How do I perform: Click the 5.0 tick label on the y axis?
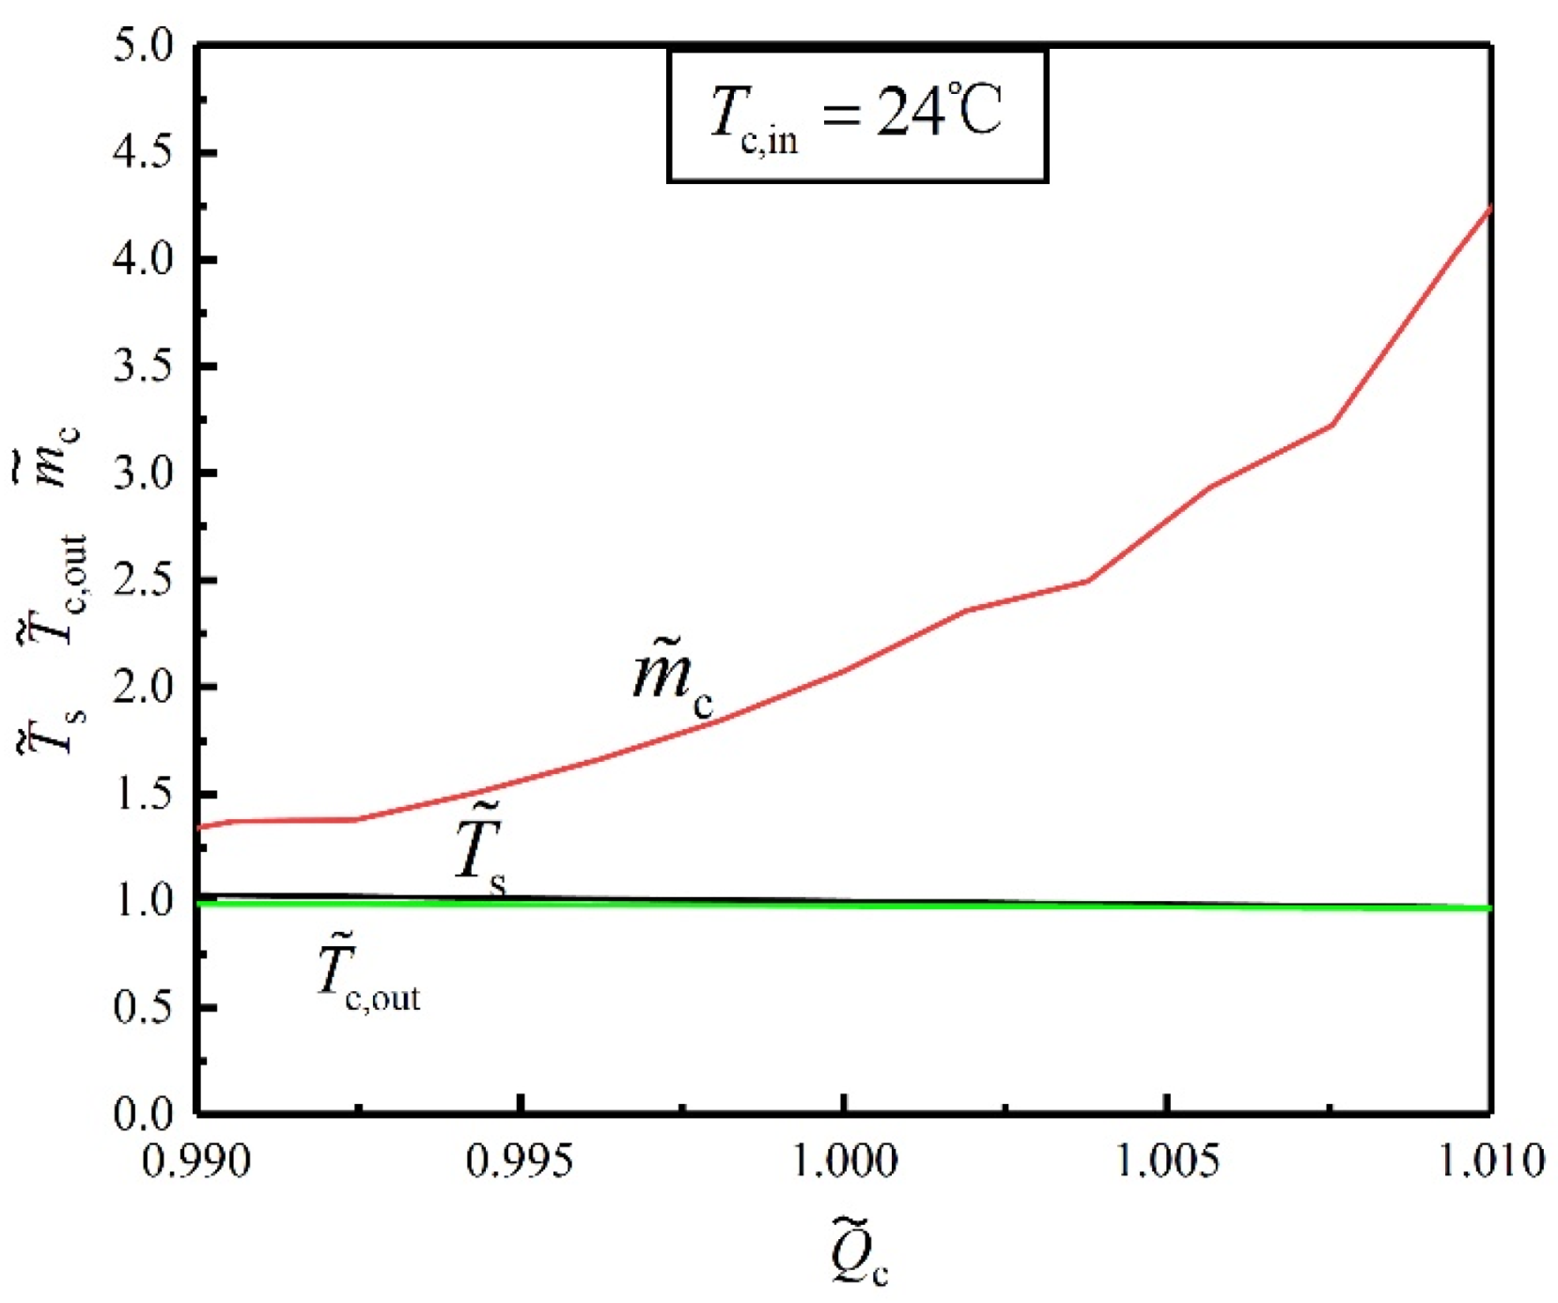click(144, 45)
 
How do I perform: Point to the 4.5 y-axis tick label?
click(144, 152)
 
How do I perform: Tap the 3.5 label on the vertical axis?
click(144, 366)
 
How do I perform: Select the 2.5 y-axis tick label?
click(144, 580)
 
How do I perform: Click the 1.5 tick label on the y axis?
click(144, 794)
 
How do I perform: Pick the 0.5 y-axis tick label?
click(144, 1007)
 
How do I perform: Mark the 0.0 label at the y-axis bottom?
click(144, 1113)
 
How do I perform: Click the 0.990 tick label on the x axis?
click(196, 1161)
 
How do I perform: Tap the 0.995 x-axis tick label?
click(520, 1161)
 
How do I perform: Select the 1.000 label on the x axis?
click(845, 1161)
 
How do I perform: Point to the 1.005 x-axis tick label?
click(1167, 1161)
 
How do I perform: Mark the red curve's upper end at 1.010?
click(1490, 208)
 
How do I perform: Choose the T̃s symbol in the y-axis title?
click(52, 729)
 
